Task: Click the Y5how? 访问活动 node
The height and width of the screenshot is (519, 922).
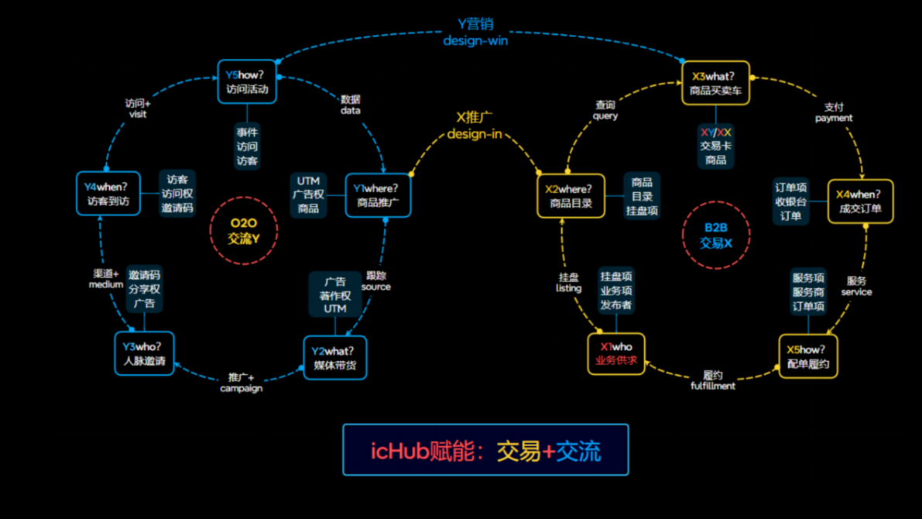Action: [x=247, y=81]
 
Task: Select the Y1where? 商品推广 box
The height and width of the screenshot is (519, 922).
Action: [x=378, y=195]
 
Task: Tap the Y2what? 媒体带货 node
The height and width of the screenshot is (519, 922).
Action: [x=334, y=358]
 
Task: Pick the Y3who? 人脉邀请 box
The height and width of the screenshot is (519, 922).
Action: [x=144, y=354]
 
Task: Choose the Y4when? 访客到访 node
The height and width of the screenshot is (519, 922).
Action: [x=108, y=194]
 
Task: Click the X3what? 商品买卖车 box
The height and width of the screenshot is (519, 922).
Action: [x=715, y=84]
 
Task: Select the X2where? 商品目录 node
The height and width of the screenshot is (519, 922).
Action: [x=571, y=196]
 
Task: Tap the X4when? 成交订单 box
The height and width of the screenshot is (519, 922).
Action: [x=860, y=201]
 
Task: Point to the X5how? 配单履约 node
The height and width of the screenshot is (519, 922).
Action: [x=807, y=356]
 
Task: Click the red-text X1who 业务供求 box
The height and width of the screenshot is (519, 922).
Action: [x=616, y=353]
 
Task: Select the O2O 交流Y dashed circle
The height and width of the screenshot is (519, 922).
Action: [x=244, y=231]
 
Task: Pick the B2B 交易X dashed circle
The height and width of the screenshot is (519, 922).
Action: [x=716, y=235]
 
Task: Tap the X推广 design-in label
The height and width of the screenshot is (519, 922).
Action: [x=475, y=125]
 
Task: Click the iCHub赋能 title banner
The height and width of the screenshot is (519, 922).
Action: [x=485, y=450]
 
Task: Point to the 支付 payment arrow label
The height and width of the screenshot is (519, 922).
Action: [x=834, y=112]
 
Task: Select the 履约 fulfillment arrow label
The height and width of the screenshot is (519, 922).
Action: [x=713, y=380]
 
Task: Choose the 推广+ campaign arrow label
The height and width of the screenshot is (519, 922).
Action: [x=242, y=383]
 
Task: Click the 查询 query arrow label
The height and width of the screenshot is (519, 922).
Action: [x=605, y=110]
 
